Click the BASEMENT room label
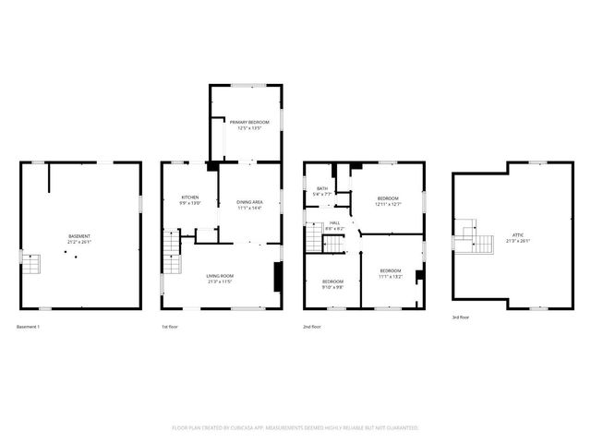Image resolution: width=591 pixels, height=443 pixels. [79, 236]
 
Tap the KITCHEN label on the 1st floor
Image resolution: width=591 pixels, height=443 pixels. [190, 197]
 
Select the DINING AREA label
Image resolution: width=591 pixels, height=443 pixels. [249, 202]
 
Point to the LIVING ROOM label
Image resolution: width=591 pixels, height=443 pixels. [219, 275]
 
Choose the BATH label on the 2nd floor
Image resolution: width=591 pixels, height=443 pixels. [322, 188]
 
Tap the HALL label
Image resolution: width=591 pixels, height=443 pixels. [334, 221]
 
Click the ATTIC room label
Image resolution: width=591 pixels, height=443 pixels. [518, 235]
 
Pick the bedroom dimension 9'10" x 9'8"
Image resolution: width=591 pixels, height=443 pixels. [332, 287]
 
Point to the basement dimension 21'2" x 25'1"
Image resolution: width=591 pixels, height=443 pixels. [79, 243]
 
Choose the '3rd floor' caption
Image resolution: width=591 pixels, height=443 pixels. [461, 317]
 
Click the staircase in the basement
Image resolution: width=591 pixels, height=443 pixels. [31, 265]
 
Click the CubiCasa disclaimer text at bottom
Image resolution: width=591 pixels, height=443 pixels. [295, 428]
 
